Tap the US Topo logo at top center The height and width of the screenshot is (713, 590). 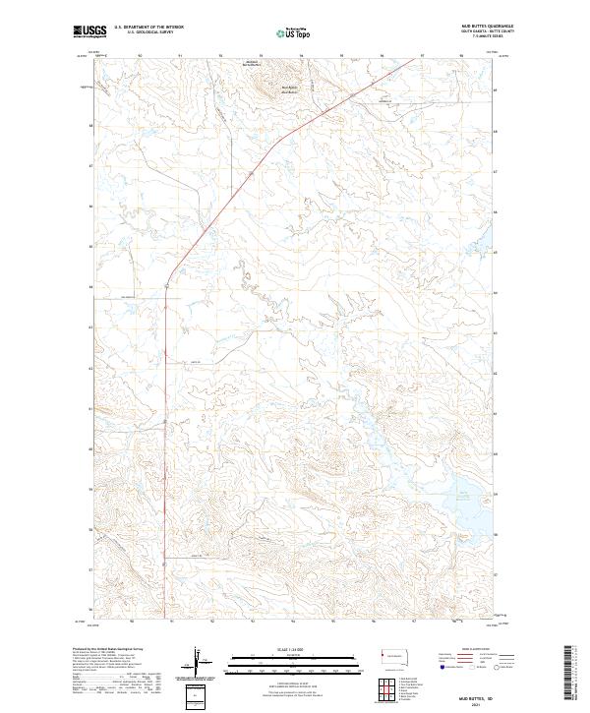point(281,32)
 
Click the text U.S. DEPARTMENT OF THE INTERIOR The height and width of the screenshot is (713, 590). point(148,27)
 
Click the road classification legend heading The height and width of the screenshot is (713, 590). point(470,650)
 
